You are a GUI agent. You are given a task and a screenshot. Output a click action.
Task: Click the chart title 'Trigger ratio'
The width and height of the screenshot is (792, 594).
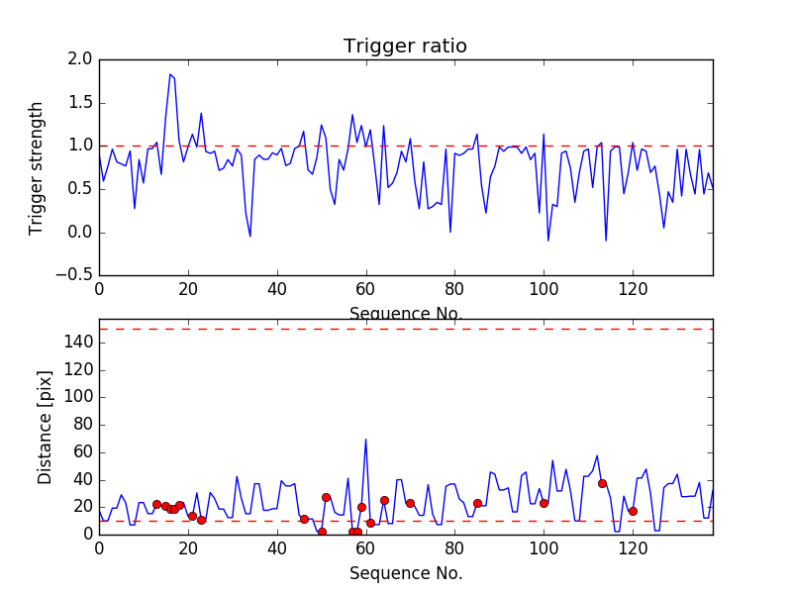point(405,47)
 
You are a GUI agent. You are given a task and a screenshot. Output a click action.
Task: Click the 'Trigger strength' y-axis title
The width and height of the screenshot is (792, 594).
point(37,167)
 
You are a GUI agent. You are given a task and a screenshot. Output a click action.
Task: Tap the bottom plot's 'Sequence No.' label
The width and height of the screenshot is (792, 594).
point(405,573)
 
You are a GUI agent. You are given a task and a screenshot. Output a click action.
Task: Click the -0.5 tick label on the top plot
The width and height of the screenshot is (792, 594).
point(74,275)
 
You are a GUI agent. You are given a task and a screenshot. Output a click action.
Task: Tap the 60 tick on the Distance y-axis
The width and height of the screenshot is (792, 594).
point(83,451)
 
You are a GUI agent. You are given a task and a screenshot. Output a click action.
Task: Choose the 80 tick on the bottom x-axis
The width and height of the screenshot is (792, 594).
point(453,547)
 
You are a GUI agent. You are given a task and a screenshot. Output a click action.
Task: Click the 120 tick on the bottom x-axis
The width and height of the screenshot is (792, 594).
point(632,547)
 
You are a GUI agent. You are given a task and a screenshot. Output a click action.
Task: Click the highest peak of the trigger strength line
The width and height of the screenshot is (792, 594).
point(170,74)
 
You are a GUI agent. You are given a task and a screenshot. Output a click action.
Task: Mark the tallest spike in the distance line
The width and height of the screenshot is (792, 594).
point(365,440)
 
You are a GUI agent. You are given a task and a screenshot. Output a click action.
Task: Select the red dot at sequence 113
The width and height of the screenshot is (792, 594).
point(602,483)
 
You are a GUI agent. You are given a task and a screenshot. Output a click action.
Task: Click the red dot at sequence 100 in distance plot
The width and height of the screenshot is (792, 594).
point(544,503)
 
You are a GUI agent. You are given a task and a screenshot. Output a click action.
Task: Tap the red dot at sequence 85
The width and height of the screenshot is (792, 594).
point(477,503)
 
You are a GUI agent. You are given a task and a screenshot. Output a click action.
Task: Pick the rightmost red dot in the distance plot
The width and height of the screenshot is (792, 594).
point(633,511)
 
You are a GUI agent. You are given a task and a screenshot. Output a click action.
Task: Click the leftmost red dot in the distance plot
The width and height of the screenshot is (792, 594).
point(156,504)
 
